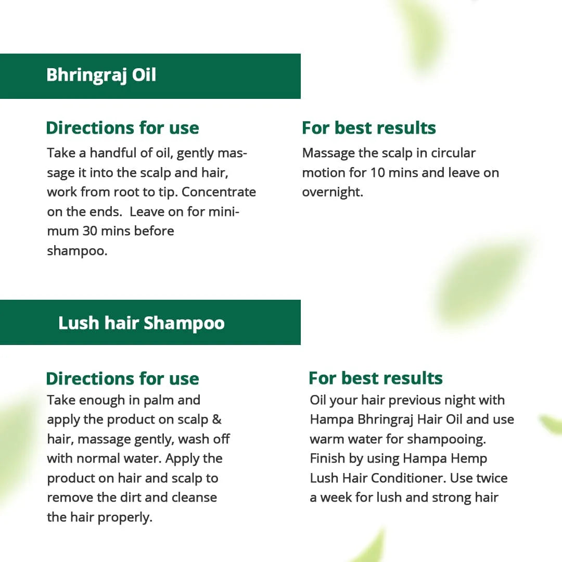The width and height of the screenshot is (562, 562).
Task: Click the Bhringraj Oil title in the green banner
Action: pyautogui.click(x=101, y=75)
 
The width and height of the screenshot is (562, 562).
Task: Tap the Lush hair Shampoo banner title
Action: pyautogui.click(x=141, y=323)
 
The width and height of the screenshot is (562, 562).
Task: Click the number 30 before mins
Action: pyautogui.click(x=90, y=231)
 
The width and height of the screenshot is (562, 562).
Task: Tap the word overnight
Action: pyautogui.click(x=331, y=192)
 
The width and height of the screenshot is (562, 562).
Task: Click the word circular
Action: pyautogui.click(x=450, y=153)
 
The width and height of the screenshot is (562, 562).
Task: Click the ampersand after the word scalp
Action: pyautogui.click(x=217, y=420)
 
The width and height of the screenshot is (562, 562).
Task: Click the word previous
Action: pyautogui.click(x=416, y=400)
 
